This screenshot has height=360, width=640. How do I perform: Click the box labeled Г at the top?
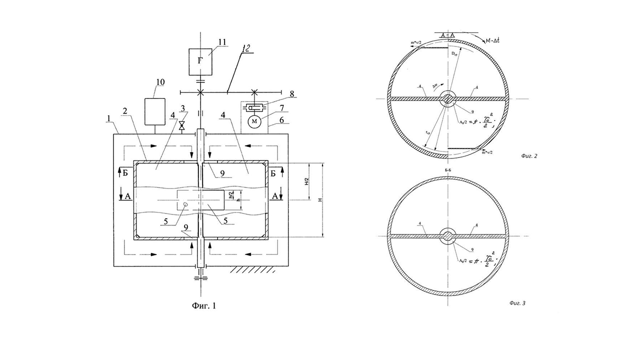200,61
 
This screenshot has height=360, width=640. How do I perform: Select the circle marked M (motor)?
255,120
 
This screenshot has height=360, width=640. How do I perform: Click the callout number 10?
160,81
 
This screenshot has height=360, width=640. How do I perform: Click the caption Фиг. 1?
204,304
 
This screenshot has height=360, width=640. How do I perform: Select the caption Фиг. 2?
529,156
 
